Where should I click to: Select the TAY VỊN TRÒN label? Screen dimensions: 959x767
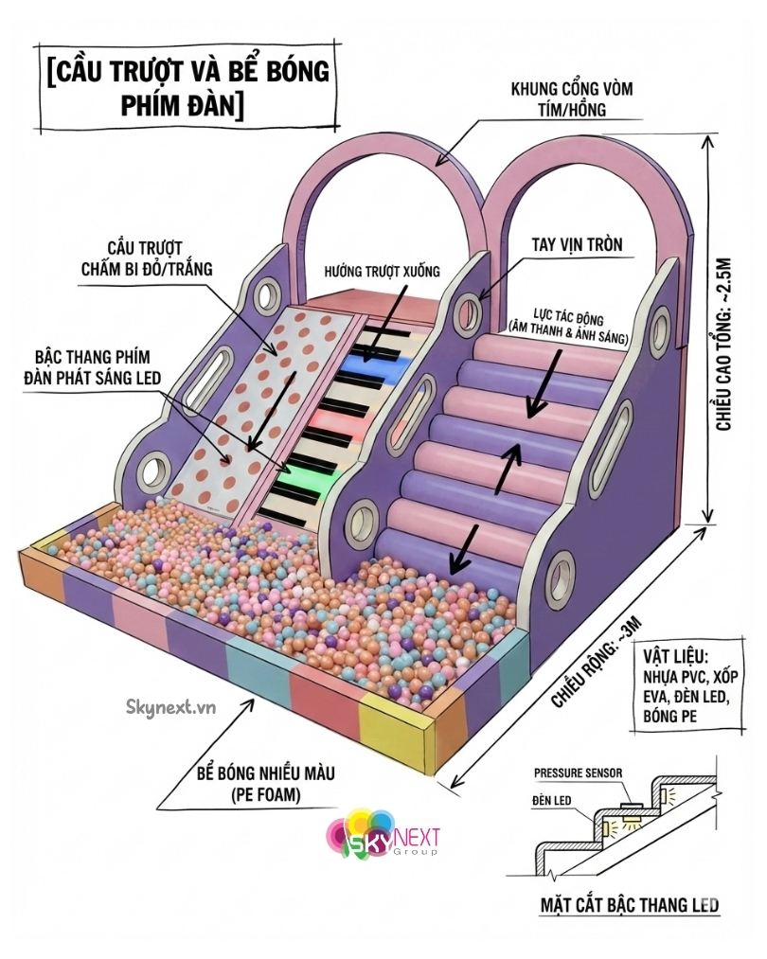pos(583,244)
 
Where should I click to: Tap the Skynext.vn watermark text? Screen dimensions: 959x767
pos(170,704)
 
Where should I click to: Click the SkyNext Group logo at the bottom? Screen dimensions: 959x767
pos(383,833)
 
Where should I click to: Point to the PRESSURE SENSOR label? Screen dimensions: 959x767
pos(578,773)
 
